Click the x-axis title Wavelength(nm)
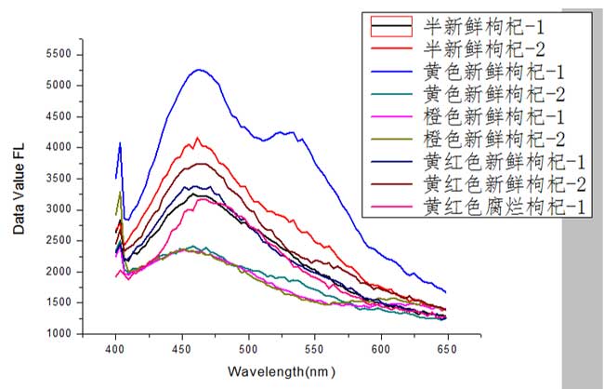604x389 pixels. pos(279,370)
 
